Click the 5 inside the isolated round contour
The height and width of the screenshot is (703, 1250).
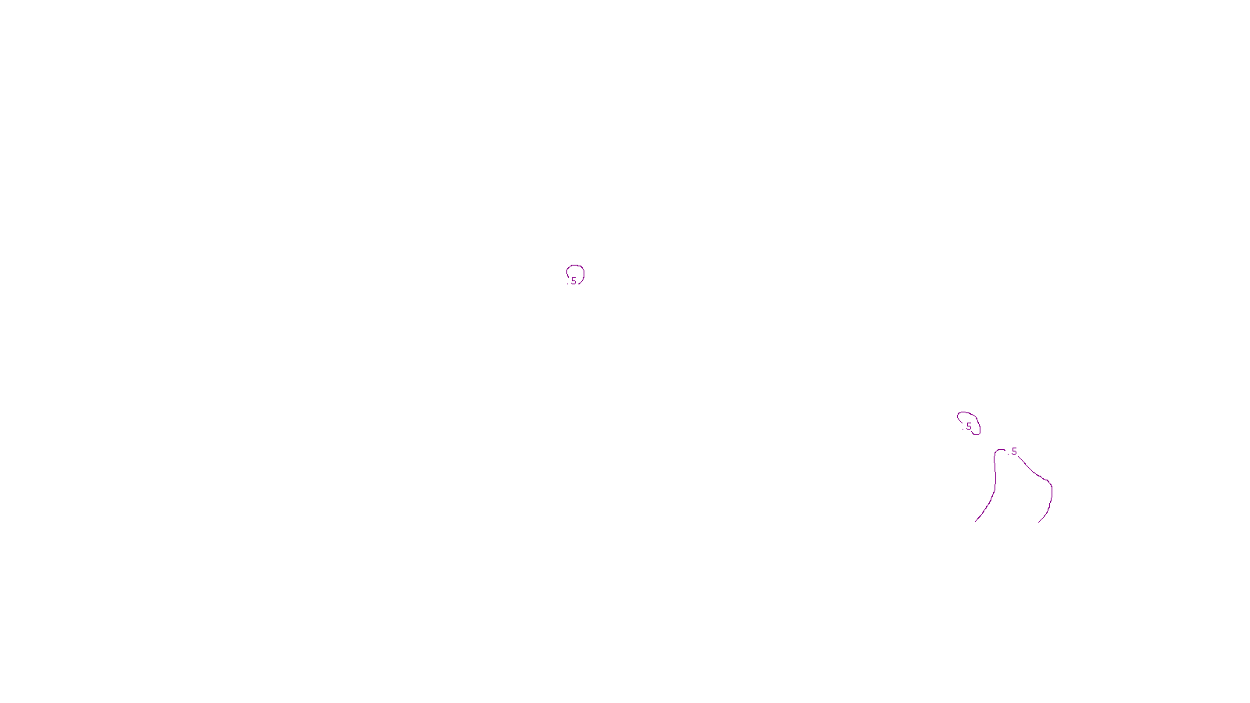pyautogui.click(x=573, y=280)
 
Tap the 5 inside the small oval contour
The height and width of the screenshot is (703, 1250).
pyautogui.click(x=969, y=426)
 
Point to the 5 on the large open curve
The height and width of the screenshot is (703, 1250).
pyautogui.click(x=1014, y=451)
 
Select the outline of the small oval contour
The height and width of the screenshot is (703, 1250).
pyautogui.click(x=959, y=416)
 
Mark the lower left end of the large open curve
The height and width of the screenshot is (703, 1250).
pyautogui.click(x=976, y=520)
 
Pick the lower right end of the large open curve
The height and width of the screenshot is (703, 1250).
pyautogui.click(x=1039, y=521)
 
